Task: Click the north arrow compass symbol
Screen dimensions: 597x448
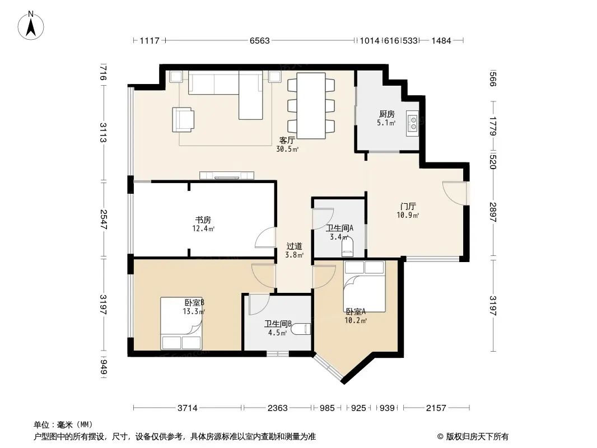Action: point(31,26)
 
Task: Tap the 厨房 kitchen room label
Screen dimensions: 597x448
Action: point(386,114)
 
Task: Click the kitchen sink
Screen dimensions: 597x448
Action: point(412,123)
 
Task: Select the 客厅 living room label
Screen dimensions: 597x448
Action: point(287,141)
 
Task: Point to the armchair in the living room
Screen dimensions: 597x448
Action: point(183,119)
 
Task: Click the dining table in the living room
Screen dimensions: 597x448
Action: point(311,106)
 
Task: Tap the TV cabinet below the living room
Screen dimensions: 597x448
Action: point(227,175)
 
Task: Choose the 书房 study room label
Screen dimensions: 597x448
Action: point(203,220)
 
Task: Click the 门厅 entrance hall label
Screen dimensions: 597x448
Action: point(408,207)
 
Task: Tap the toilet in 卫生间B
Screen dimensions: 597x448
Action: point(303,329)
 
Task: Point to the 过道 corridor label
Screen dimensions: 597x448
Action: point(295,246)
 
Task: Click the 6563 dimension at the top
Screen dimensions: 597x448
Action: point(260,41)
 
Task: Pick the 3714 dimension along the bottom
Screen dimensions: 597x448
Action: point(187,408)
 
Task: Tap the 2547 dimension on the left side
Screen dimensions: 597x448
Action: point(103,220)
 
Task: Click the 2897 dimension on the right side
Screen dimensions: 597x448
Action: point(493,212)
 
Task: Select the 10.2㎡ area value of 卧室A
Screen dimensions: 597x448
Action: point(356,320)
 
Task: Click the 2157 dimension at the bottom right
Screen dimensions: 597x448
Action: point(436,408)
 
